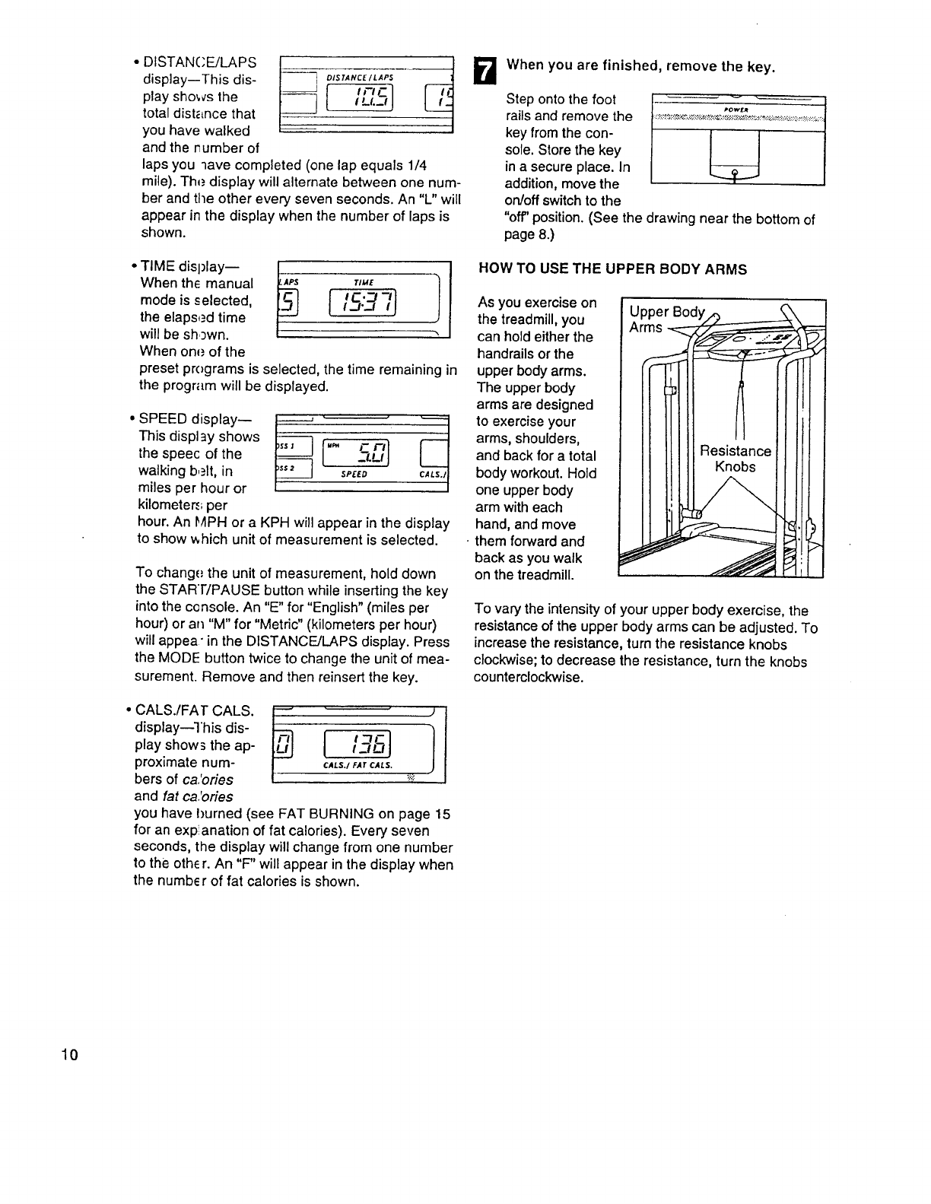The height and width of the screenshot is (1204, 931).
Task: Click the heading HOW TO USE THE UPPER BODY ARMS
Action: pos(612,269)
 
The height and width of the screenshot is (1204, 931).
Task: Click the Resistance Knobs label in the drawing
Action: pos(736,459)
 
